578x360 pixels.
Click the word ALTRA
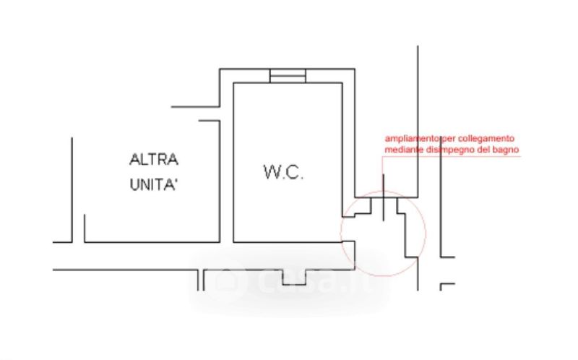point(154,158)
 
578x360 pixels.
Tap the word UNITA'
point(154,184)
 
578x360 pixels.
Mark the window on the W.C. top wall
point(288,76)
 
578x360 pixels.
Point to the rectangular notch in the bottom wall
point(295,277)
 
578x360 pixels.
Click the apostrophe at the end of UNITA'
point(176,179)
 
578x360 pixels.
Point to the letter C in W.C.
point(297,172)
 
